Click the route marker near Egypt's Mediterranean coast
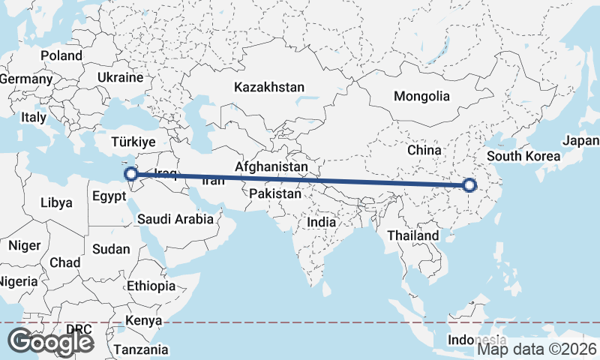tap(130, 174)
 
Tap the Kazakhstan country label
tap(269, 87)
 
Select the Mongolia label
tap(421, 96)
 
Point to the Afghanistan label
tap(271, 166)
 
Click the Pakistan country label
tap(276, 193)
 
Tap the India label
tap(322, 222)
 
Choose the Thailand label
tap(413, 235)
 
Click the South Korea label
tap(523, 156)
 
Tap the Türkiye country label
tap(133, 141)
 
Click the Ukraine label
tap(120, 77)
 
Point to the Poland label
tap(61, 55)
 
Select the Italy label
tap(34, 117)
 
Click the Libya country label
tap(57, 202)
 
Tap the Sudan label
tap(111, 249)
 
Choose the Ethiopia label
tap(151, 286)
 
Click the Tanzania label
tap(141, 349)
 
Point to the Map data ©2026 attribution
tap(537, 349)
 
